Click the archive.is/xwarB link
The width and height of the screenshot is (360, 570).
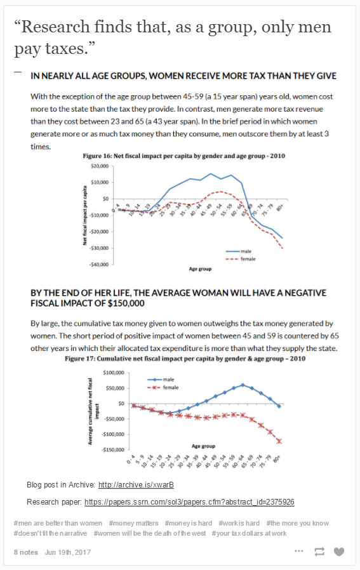(x=136, y=485)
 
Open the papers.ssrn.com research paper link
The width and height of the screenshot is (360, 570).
(x=189, y=502)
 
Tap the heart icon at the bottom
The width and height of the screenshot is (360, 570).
(x=339, y=552)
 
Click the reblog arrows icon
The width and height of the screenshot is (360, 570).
(x=319, y=552)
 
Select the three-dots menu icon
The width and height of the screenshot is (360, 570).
(x=299, y=551)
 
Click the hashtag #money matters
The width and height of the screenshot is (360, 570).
(x=133, y=523)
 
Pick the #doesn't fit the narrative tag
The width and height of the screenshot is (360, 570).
(x=50, y=533)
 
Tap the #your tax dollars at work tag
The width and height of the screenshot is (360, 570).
(x=249, y=533)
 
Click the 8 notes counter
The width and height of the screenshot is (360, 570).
(x=26, y=552)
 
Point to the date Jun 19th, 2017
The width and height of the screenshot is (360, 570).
(x=68, y=552)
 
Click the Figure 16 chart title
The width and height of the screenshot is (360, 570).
(x=184, y=156)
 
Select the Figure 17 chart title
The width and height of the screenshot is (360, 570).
(x=185, y=359)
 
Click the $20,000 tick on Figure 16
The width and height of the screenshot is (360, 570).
(x=99, y=166)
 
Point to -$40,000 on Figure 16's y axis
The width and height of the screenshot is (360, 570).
(x=98, y=264)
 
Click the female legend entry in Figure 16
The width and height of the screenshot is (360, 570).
(x=241, y=259)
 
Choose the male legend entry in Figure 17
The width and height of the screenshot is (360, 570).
(x=161, y=380)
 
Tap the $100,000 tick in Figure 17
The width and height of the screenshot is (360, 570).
(x=114, y=373)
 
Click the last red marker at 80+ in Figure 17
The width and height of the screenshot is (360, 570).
(x=279, y=441)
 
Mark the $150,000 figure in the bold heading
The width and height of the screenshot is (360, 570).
(x=126, y=303)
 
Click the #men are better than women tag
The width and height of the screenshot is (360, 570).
(x=58, y=523)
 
